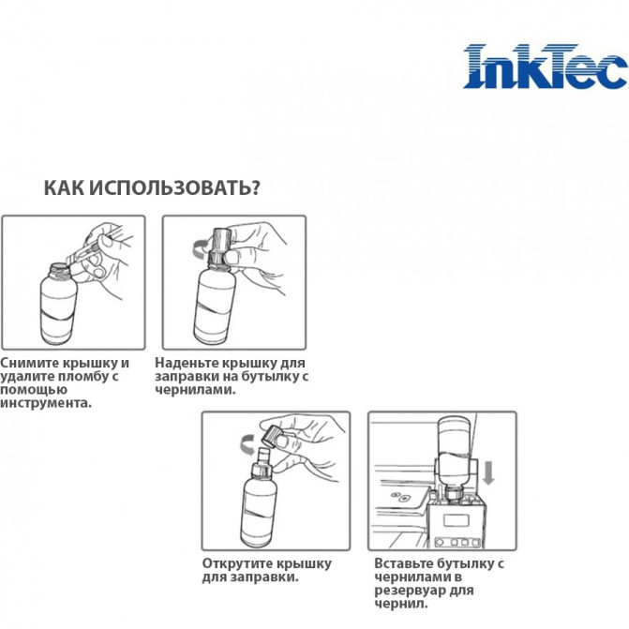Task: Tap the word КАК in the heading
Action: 66,187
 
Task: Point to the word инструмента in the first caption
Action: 46,402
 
